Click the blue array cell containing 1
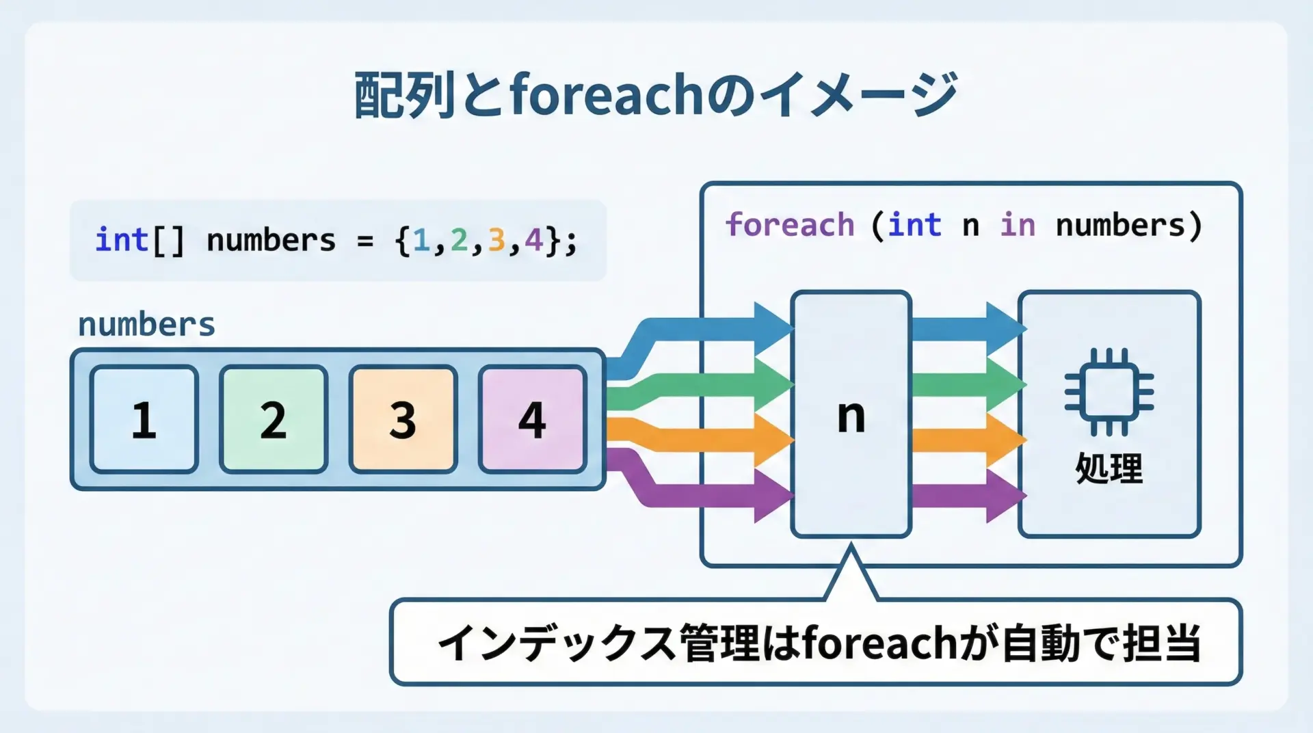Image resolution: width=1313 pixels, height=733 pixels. pos(144,419)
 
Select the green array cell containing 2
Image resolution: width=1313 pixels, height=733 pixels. pos(274,419)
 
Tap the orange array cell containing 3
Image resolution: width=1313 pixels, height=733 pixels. pos(403,419)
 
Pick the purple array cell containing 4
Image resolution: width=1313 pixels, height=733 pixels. pos(533,419)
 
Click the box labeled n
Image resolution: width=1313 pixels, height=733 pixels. pos(851,414)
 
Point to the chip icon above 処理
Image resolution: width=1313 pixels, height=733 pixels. pos(1109,392)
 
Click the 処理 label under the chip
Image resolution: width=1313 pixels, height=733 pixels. pos(1109,468)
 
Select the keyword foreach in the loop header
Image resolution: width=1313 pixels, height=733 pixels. pos(790,225)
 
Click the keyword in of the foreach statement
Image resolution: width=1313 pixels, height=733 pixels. pos(1018,225)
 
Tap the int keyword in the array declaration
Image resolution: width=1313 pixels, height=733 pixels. pos(122,240)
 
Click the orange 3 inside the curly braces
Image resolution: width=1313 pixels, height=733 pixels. pos(496,241)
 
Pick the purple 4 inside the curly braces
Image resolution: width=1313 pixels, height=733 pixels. pos(533,241)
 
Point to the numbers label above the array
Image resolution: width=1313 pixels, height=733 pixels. pos(146,324)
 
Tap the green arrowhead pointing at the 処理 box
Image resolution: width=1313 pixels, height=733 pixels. pos(1006,384)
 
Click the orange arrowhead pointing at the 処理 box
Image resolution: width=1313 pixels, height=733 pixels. pos(1006,440)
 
